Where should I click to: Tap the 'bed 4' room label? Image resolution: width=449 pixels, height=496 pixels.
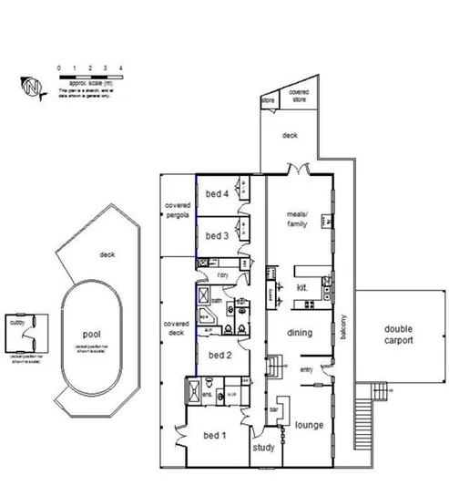pos(215,192)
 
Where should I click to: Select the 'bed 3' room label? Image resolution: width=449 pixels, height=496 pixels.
pos(215,234)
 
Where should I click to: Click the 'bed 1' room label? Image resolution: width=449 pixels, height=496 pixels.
pos(215,435)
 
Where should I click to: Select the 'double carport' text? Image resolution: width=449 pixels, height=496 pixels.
pos(398,335)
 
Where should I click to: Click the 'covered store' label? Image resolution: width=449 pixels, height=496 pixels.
pos(299,97)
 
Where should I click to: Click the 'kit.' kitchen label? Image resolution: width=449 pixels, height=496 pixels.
pos(302,288)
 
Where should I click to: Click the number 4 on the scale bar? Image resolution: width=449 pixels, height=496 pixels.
pos(120,68)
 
